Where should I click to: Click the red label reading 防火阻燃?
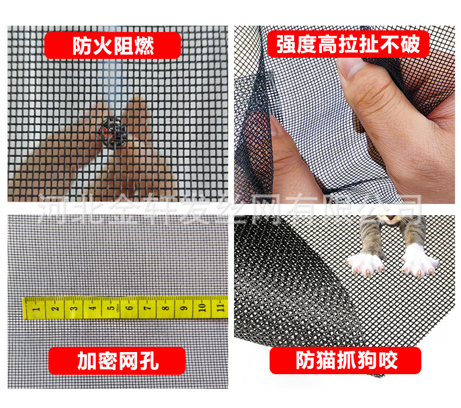113,45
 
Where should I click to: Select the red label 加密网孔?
117,361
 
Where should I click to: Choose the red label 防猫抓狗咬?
346,360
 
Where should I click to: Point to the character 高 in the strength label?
328,44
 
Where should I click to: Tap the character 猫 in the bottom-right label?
327,361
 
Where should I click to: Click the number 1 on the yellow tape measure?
36,307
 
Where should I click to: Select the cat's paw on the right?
419,261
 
